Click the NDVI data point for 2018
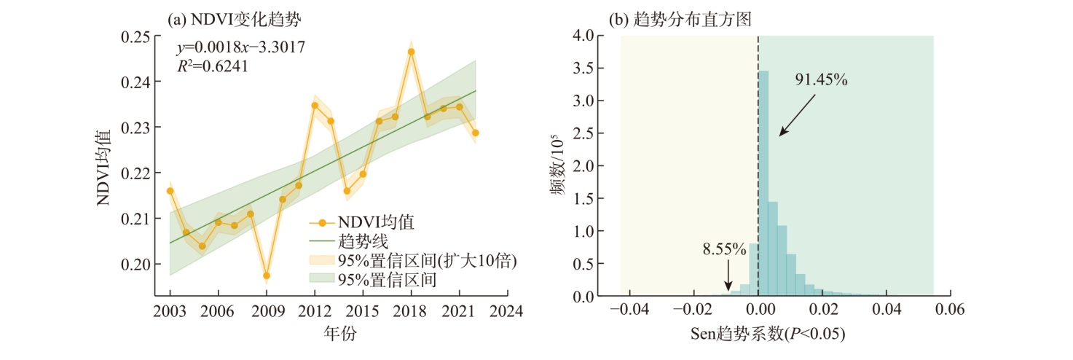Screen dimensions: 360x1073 pyautogui.click(x=411, y=52)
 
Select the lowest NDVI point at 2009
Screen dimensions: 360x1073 pyautogui.click(x=267, y=275)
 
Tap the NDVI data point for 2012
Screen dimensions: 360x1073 pyautogui.click(x=315, y=105)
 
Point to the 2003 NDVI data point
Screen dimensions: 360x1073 pyautogui.click(x=170, y=191)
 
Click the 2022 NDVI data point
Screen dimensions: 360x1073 pyautogui.click(x=475, y=133)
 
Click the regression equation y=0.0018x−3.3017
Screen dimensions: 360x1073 pyautogui.click(x=241, y=48)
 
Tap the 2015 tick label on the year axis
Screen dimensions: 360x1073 pyautogui.click(x=363, y=311)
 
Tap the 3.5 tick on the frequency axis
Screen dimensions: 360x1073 pyautogui.click(x=582, y=69)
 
